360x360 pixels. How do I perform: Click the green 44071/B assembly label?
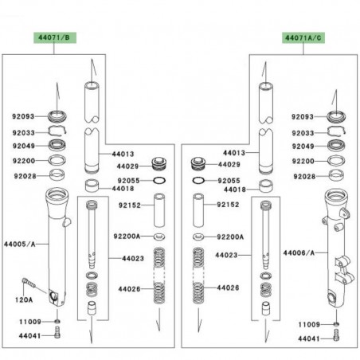[x=55, y=37]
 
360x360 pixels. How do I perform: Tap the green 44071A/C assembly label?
[x=303, y=38]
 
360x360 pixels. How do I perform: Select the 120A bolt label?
[x=24, y=300]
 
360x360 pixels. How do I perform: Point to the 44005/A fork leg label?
[x=20, y=244]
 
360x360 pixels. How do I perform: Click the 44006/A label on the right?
[x=299, y=252]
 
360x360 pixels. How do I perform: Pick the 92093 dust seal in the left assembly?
[x=57, y=116]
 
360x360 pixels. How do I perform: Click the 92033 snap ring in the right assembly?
[x=337, y=131]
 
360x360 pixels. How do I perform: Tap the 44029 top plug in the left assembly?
[x=159, y=164]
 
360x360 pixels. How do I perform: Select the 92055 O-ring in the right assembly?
[x=198, y=181]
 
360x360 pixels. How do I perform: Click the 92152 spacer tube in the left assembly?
[x=159, y=210]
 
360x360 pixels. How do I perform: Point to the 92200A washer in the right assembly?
[x=198, y=237]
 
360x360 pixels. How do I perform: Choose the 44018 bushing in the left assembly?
[x=92, y=186]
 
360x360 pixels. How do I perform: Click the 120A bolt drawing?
[x=29, y=283]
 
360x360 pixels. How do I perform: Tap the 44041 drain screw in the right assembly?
[x=336, y=335]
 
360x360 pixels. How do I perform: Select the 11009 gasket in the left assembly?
[x=57, y=322]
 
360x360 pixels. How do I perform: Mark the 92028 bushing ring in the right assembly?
[x=337, y=175]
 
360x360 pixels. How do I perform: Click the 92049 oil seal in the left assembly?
[x=57, y=145]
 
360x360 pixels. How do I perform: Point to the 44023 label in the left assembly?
[x=133, y=258]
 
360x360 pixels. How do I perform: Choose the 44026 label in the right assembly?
[x=228, y=288]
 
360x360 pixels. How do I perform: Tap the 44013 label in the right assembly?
[x=234, y=153]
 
